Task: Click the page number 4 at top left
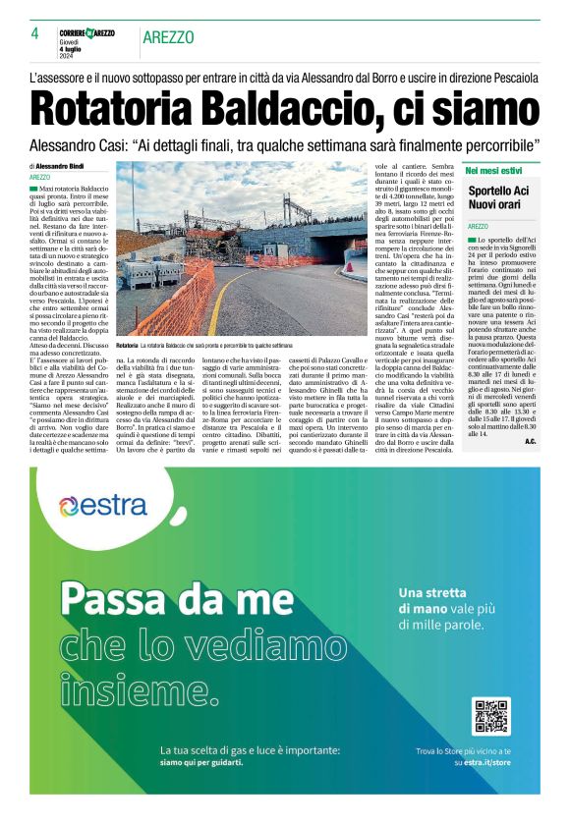coord(34,33)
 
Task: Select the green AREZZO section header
coord(168,37)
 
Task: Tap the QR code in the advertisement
coord(490,717)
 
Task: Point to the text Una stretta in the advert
coord(432,592)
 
